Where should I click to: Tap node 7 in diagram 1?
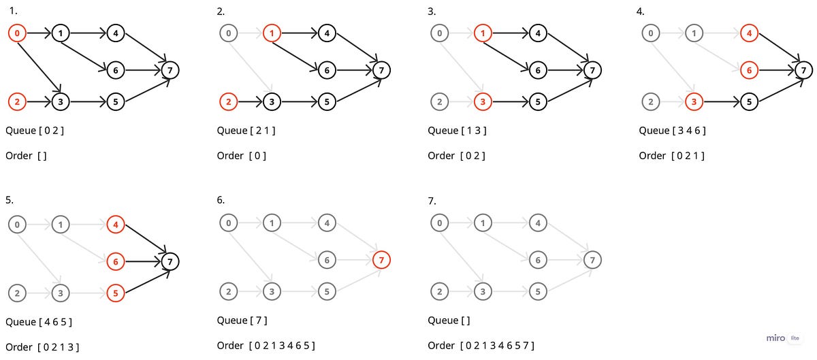(170, 69)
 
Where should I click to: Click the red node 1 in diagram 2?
(272, 33)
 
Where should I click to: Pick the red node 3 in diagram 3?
(483, 102)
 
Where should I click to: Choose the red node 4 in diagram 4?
(750, 33)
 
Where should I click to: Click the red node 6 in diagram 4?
(750, 69)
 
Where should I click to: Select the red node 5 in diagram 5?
(116, 293)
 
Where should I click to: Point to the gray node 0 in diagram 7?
(440, 223)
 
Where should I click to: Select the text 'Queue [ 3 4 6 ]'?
(672, 130)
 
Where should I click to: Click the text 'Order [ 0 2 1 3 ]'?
(42, 347)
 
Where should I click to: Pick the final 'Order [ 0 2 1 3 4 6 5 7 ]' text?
(481, 346)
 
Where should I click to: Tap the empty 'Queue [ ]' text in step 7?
(449, 320)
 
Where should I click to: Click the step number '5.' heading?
(10, 200)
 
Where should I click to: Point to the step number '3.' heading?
(432, 12)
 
